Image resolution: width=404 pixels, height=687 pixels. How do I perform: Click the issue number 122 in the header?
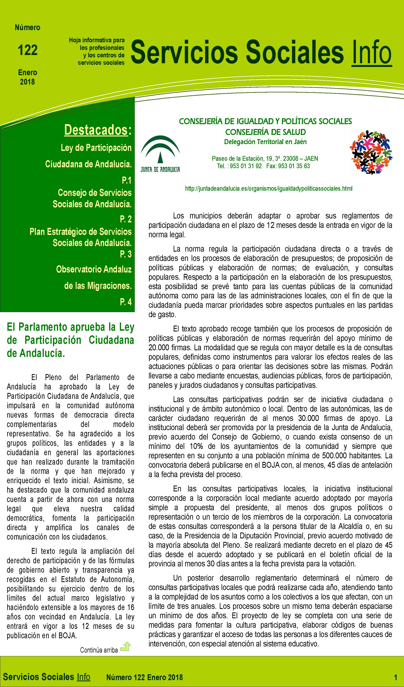click(x=28, y=50)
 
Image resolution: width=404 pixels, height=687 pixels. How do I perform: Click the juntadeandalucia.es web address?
click(x=268, y=188)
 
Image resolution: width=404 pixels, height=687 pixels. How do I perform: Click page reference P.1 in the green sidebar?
click(x=127, y=180)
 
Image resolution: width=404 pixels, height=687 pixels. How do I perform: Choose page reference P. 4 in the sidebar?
click(x=126, y=302)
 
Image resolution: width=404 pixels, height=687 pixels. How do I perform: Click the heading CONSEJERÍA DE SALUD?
click(x=265, y=132)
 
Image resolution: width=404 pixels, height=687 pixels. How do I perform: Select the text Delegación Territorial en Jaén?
click(x=265, y=142)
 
